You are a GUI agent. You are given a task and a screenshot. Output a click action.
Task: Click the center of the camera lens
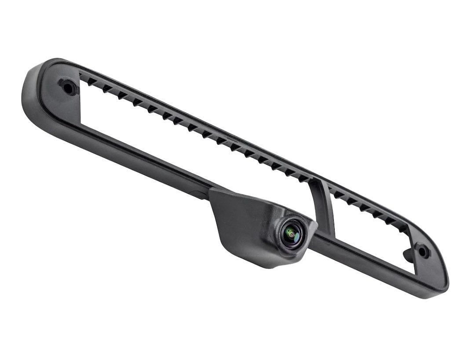point(291,233)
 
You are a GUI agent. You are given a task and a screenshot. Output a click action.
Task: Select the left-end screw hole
point(69,87)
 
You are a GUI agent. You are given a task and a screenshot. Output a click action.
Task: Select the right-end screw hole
point(423,251)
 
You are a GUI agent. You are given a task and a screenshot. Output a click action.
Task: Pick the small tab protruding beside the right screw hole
point(408,255)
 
